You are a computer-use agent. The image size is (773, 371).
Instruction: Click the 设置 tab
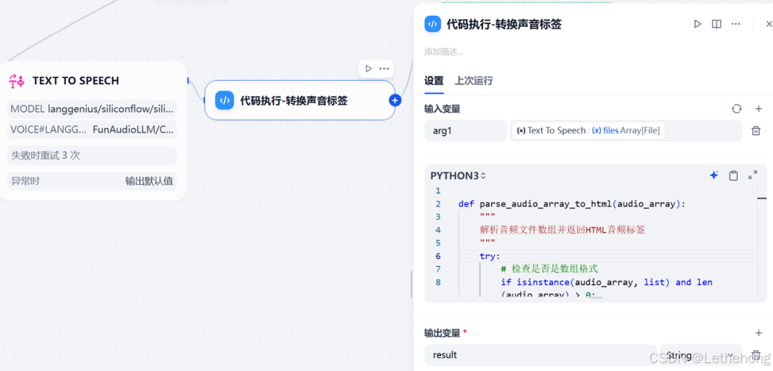(434, 81)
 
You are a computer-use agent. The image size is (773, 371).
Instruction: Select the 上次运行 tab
(474, 81)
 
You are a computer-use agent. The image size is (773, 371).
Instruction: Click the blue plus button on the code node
(394, 100)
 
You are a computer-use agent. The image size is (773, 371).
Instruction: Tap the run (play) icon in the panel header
(697, 24)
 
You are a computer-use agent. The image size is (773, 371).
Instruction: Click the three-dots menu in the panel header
(736, 24)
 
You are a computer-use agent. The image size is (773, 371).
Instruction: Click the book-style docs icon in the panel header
(716, 24)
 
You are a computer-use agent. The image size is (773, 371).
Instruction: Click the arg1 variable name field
(465, 130)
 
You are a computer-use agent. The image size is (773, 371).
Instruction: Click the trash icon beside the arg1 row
(756, 130)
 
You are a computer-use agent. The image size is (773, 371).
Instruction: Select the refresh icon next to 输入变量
(736, 109)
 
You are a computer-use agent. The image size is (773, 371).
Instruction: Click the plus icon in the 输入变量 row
(759, 109)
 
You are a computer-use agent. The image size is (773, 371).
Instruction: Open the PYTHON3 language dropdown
(458, 175)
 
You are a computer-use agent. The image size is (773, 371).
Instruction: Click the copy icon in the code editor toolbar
(733, 175)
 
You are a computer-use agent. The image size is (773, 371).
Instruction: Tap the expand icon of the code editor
(752, 175)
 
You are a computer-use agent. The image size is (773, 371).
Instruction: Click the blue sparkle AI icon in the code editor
(714, 175)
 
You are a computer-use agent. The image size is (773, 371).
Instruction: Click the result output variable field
(540, 355)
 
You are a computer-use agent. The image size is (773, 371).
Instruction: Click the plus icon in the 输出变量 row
(759, 333)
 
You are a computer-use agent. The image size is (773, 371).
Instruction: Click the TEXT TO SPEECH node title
(76, 81)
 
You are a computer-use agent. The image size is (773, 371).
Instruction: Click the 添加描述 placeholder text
(444, 52)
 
